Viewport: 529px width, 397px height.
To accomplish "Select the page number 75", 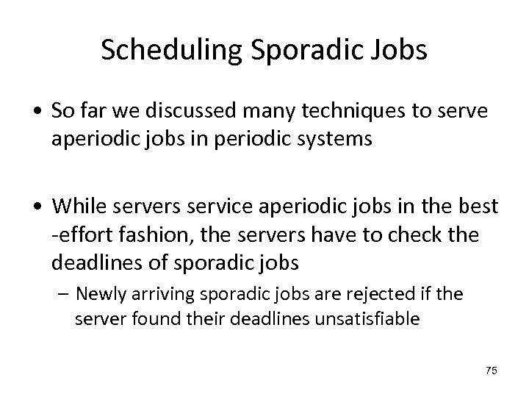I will pos(492,371).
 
